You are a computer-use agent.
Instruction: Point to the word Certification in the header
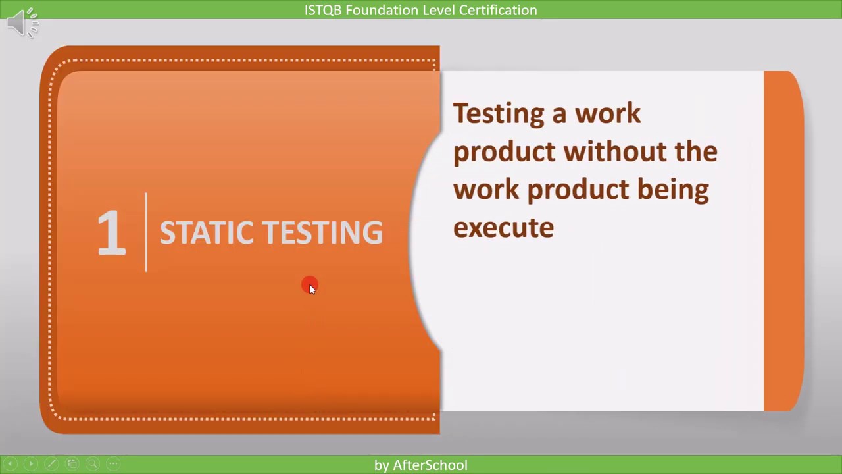(499, 10)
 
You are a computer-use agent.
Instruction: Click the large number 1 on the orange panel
(111, 232)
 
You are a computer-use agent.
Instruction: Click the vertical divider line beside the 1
(146, 232)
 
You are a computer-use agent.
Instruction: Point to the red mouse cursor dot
(309, 286)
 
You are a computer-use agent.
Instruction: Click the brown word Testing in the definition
(499, 114)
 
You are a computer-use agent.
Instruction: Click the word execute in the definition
(503, 228)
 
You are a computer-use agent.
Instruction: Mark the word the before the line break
(695, 151)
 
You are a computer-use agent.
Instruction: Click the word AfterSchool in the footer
(430, 465)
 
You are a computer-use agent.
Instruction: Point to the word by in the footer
(382, 465)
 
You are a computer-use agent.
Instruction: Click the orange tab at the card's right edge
(783, 241)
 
